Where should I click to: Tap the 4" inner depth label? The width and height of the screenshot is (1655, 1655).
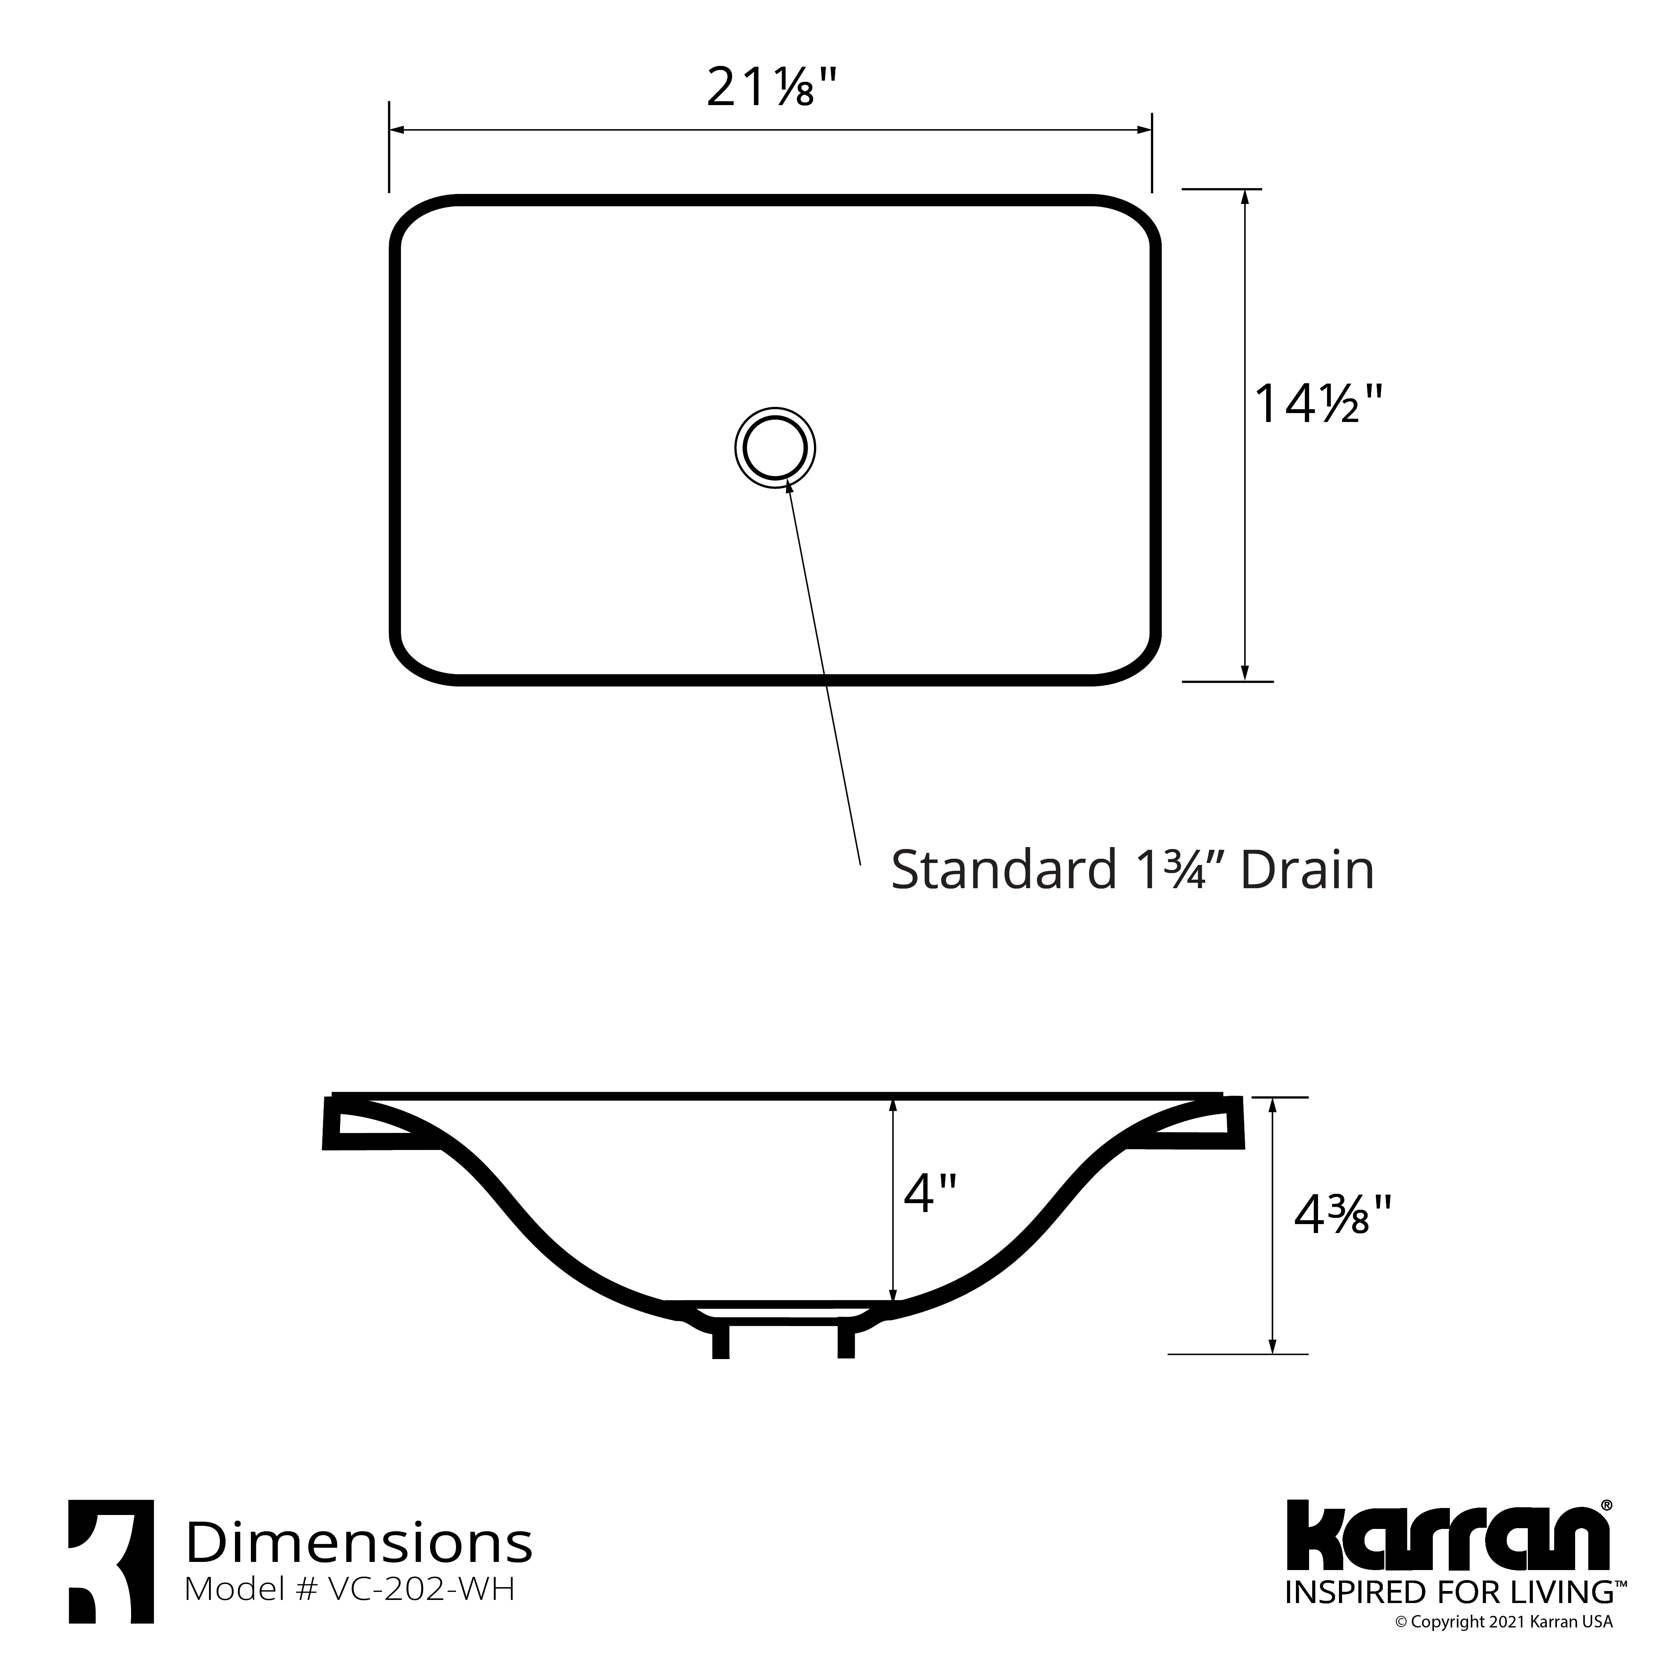click(929, 1193)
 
